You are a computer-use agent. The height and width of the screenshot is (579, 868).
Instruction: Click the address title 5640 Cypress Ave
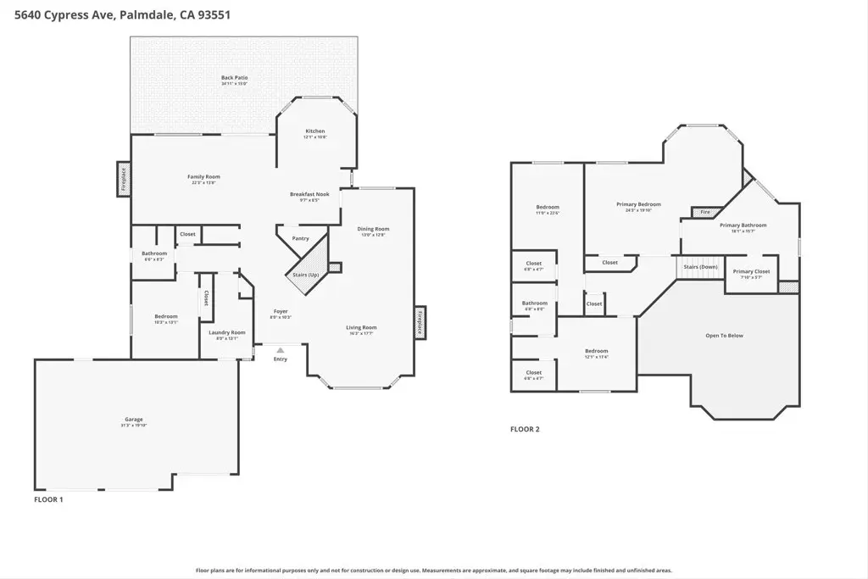tap(118, 14)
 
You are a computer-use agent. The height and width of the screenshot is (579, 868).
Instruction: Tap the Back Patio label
tap(234, 78)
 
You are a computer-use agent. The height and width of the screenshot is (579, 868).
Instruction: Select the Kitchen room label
tap(314, 131)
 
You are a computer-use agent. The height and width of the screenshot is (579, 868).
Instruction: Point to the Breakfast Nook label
tap(303, 195)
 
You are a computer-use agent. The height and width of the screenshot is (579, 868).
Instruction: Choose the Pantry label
tap(300, 238)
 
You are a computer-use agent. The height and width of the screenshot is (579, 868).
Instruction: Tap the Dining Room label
tap(373, 229)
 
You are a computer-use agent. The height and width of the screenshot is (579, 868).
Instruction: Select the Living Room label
tap(361, 327)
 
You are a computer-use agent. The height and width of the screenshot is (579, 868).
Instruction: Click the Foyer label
tap(281, 312)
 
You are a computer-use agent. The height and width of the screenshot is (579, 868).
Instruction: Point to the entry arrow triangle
tap(281, 348)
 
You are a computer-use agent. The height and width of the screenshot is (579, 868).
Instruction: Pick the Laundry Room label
tap(227, 332)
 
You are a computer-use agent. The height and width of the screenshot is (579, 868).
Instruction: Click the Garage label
tap(134, 420)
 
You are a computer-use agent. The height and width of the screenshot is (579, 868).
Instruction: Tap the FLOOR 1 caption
tap(48, 500)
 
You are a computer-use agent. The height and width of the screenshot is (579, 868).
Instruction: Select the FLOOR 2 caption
tap(525, 430)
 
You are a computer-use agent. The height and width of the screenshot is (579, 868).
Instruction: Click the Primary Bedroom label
tap(638, 204)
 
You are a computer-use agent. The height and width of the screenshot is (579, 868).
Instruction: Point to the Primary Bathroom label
tap(743, 225)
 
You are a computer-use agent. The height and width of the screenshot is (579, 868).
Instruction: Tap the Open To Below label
tap(724, 336)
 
